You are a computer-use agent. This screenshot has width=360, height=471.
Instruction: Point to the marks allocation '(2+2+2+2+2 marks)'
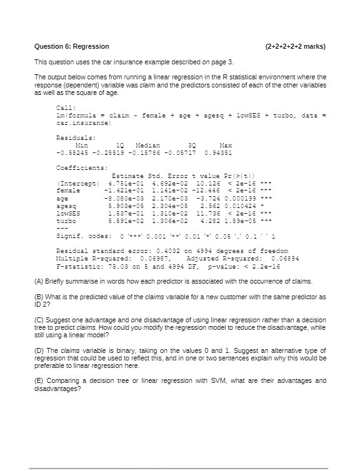pyautogui.click(x=295, y=46)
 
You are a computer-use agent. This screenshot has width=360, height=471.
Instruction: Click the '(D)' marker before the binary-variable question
pyautogui.click(x=39, y=350)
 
